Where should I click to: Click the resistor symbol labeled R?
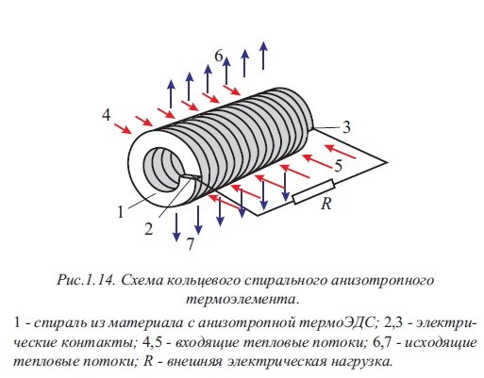point(313,191)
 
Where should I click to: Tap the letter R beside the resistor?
point(326,204)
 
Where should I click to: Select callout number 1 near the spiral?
point(121,212)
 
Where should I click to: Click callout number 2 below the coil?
point(148,229)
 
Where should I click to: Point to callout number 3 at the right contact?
point(346,127)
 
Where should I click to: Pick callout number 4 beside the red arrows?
point(107,115)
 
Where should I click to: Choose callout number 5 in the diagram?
point(338,166)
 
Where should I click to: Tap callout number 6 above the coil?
point(219,57)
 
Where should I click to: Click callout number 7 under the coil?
point(190,244)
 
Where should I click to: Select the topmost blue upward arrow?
point(263,56)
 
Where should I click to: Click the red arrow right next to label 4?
point(123,129)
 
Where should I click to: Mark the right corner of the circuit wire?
point(388,162)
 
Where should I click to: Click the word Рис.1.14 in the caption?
point(86,280)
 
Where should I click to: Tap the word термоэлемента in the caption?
point(242,299)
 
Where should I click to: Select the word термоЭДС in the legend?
point(340,323)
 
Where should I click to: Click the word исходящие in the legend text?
point(441,343)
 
